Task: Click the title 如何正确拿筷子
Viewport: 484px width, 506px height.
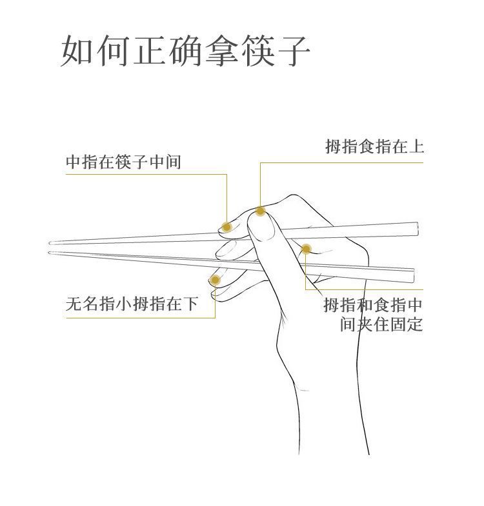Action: pyautogui.click(x=185, y=52)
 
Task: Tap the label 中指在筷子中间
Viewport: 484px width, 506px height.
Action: pyautogui.click(x=123, y=162)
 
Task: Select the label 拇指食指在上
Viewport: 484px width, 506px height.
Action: pyautogui.click(x=374, y=147)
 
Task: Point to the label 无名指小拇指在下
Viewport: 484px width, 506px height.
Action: pyautogui.click(x=132, y=303)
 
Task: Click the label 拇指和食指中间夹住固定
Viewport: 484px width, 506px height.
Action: pyautogui.click(x=373, y=314)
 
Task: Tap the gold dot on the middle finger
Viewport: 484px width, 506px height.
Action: pyautogui.click(x=227, y=226)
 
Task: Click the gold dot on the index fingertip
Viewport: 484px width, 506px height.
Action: pyautogui.click(x=260, y=211)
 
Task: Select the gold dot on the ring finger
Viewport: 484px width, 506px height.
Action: pyautogui.click(x=216, y=280)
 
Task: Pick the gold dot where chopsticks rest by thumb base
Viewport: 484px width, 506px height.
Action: pyautogui.click(x=307, y=249)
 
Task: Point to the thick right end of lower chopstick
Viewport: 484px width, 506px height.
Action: pyautogui.click(x=412, y=275)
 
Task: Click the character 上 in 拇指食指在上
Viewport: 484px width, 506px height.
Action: pyautogui.click(x=416, y=147)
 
